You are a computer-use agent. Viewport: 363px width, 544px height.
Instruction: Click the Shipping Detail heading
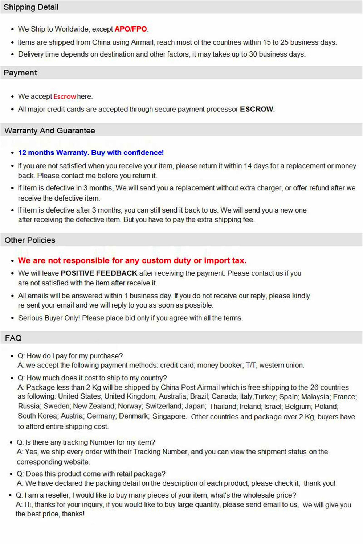[31, 7]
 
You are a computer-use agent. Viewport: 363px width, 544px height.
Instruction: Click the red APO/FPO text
[131, 29]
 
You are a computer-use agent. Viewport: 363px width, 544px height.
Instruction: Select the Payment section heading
[20, 73]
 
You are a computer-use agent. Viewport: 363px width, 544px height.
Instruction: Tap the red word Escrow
[65, 96]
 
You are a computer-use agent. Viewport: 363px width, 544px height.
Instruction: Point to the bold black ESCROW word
[256, 109]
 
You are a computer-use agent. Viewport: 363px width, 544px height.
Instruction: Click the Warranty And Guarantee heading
[50, 131]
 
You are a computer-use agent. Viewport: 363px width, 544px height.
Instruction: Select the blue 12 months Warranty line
[91, 153]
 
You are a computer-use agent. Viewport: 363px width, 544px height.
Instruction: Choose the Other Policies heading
[30, 240]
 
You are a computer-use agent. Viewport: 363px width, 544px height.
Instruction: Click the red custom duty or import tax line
[132, 261]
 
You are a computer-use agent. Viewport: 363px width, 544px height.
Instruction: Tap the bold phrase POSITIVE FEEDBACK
[99, 273]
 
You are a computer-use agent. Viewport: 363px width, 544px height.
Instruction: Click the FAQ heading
[13, 338]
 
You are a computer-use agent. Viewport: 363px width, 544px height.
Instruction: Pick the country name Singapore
[169, 416]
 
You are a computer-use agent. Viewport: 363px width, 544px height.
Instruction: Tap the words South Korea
[37, 416]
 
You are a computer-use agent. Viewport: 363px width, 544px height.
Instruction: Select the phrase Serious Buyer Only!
[49, 318]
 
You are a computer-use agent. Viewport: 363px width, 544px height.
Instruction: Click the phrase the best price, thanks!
[50, 514]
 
